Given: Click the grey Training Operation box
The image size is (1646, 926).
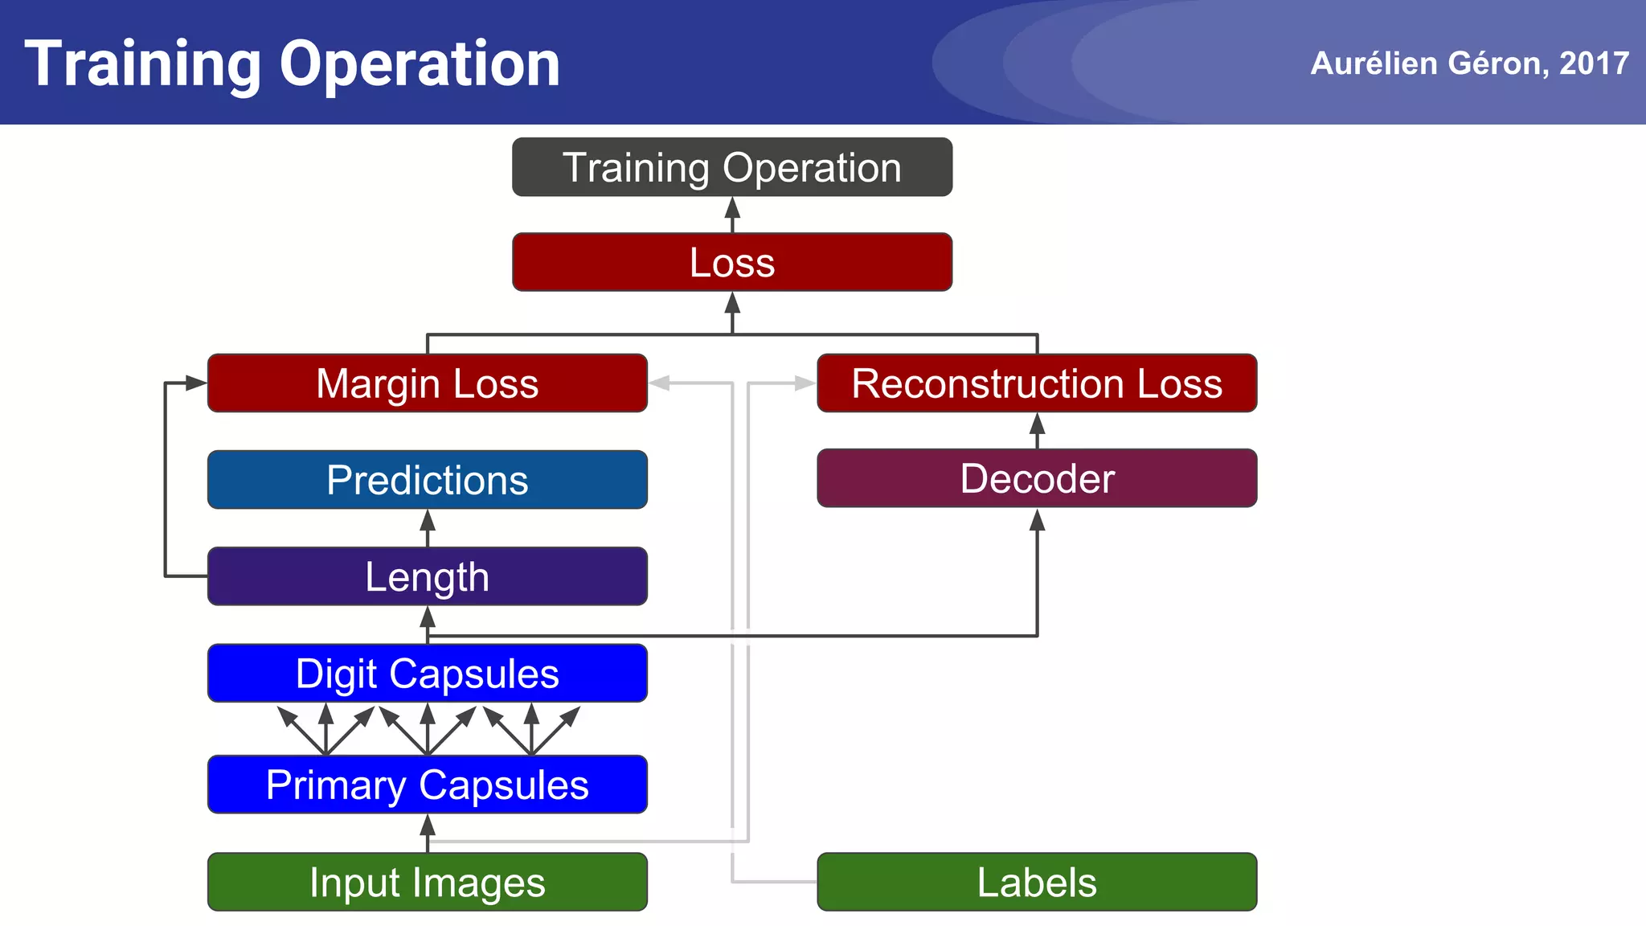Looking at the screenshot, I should pyautogui.click(x=731, y=167).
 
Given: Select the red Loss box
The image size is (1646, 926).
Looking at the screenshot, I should pyautogui.click(x=731, y=262).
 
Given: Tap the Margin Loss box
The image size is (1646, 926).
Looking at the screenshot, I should pyautogui.click(x=427, y=383).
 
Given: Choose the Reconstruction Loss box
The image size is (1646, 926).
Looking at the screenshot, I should pyautogui.click(x=1037, y=383).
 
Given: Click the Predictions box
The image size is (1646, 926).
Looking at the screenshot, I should pyautogui.click(x=427, y=480).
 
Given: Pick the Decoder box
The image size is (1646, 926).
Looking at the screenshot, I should pyautogui.click(x=1037, y=478).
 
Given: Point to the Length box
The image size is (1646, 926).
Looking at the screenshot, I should pyautogui.click(x=427, y=576).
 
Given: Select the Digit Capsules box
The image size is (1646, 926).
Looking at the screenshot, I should pyautogui.click(x=427, y=674).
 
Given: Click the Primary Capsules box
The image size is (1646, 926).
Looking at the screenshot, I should pyautogui.click(x=427, y=785).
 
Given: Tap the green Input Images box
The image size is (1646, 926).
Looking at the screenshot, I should pyautogui.click(x=427, y=882).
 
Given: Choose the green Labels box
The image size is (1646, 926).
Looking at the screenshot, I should pyautogui.click(x=1037, y=882).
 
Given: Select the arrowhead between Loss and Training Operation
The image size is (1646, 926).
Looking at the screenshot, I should pyautogui.click(x=732, y=209).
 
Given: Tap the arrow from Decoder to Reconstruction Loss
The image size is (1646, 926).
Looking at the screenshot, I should pyautogui.click(x=1038, y=427).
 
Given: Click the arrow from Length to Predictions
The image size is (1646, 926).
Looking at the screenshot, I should pyautogui.click(x=428, y=524).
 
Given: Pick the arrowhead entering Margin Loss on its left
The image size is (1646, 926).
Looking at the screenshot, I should pyautogui.click(x=195, y=383).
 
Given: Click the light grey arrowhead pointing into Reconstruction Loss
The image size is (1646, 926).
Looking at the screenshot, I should pyautogui.click(x=805, y=383).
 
